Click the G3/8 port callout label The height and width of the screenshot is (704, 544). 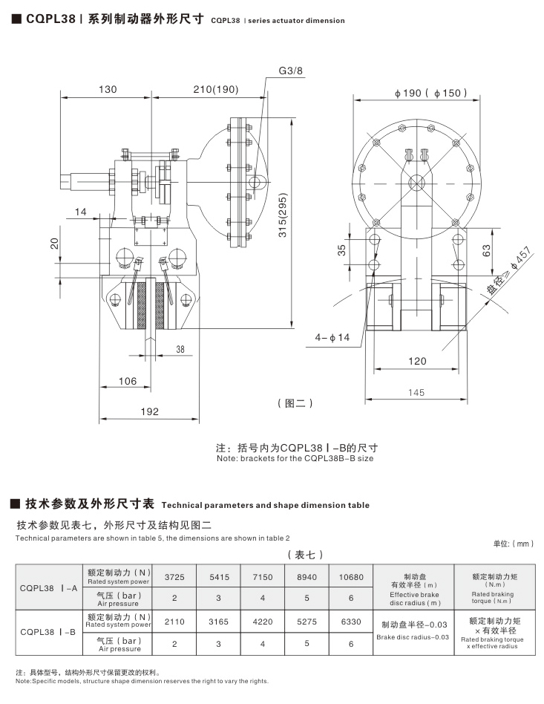coord(292,71)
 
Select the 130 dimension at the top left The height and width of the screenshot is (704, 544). coord(108,89)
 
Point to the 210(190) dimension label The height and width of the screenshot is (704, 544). coord(196,89)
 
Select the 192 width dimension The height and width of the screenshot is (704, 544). coord(149,409)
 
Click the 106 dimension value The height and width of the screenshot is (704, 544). coord(128,381)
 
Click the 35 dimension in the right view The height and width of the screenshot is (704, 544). coord(343,250)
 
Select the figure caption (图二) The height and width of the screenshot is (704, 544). coord(295,403)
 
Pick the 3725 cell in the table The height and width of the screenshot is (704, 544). coord(174,576)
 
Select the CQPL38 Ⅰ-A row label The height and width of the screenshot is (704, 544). coord(50,587)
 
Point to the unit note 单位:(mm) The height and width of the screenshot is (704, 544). coord(513,544)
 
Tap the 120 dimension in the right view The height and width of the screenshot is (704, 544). coord(418,361)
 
